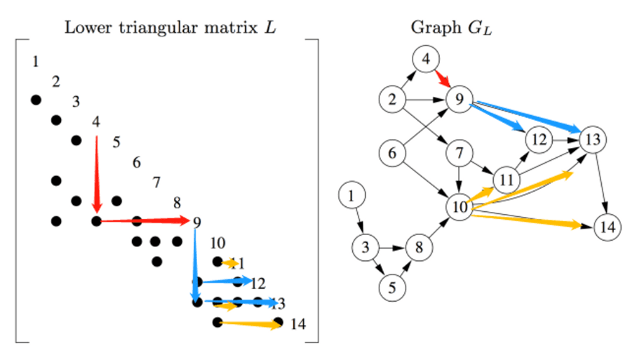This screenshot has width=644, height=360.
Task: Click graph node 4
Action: coord(426,60)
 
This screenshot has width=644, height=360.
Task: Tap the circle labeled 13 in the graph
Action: coord(593,140)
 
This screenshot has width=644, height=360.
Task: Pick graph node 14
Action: coord(607,227)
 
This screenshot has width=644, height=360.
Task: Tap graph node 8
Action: coord(419,248)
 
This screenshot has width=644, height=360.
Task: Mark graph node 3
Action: coord(365,248)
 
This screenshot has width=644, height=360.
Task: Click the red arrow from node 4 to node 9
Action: coord(443,79)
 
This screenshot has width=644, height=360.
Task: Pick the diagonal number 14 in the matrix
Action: coord(297,324)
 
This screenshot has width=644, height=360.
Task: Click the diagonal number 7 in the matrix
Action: coord(156,183)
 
